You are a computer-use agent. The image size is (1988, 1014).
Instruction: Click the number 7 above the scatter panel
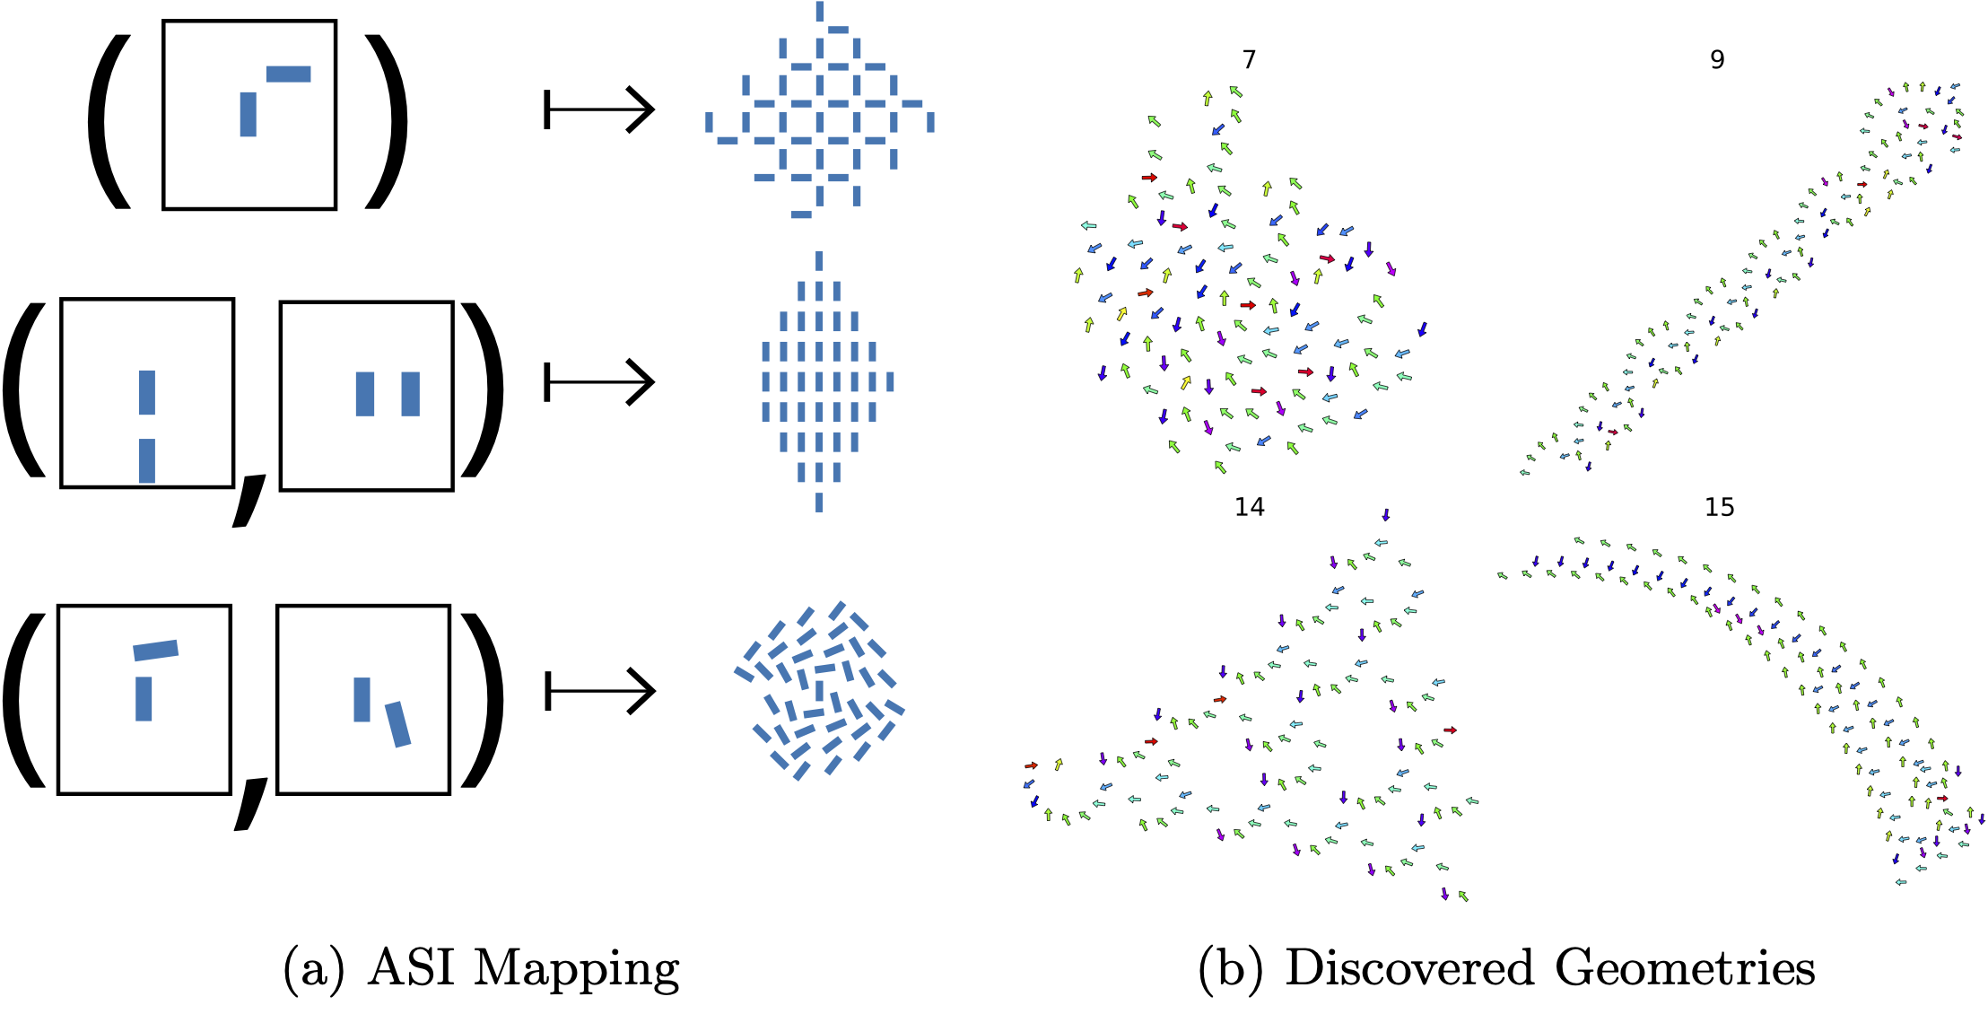(1249, 59)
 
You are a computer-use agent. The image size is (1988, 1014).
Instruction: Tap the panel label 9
(1717, 59)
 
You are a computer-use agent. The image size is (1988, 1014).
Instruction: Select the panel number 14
(1249, 507)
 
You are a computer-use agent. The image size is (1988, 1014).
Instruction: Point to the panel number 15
(1719, 507)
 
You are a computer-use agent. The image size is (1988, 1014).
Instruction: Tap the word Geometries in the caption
(1686, 969)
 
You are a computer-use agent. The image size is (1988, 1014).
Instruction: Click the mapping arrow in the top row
(599, 109)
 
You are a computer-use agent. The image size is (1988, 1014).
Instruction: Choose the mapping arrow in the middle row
(599, 382)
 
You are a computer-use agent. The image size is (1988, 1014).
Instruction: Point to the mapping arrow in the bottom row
(599, 691)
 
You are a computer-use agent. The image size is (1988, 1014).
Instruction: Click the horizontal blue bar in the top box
(288, 74)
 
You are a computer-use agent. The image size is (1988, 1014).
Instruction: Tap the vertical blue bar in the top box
(248, 114)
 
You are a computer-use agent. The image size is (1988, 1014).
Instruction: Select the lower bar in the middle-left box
(147, 460)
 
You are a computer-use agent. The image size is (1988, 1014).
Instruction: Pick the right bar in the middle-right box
(410, 394)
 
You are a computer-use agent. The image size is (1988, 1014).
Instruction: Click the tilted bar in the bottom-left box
(155, 650)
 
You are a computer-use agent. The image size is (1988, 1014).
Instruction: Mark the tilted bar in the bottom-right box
(397, 724)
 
